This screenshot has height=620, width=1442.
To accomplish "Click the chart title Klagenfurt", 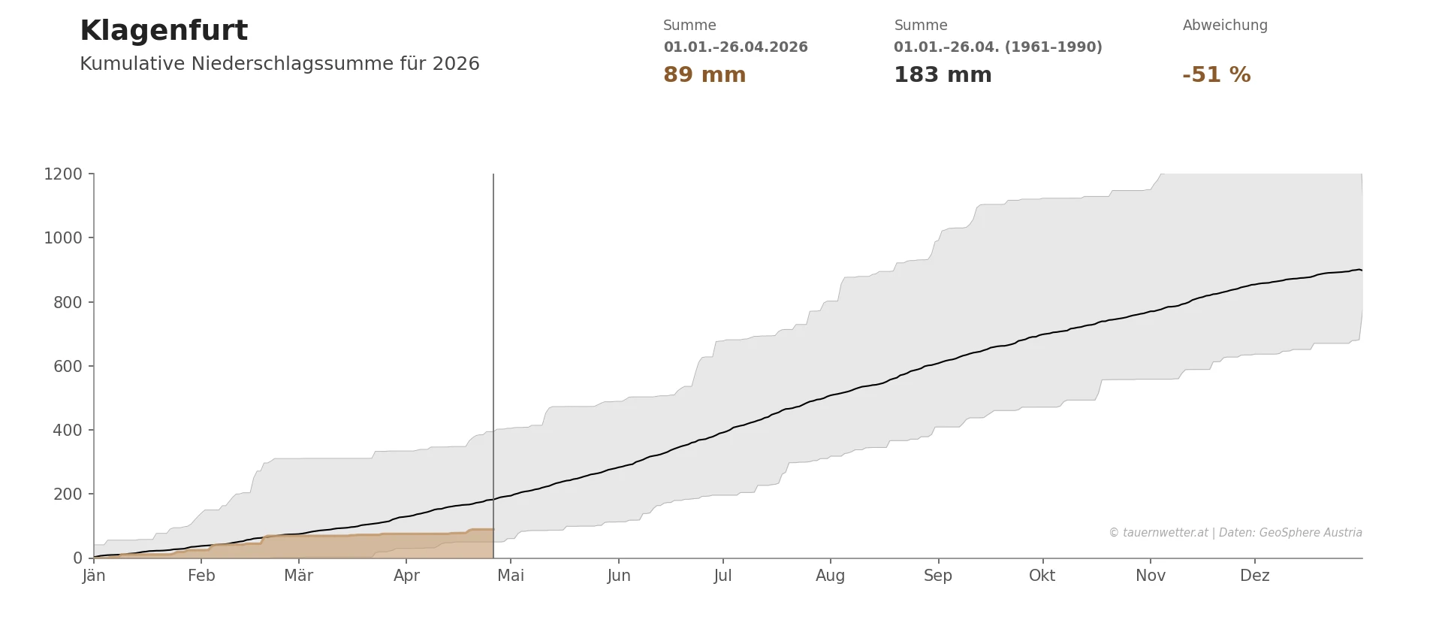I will (164, 32).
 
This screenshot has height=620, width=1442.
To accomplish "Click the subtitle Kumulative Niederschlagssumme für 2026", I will (279, 65).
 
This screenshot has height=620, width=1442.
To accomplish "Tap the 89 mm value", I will (704, 75).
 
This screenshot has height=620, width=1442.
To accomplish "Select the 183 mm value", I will (943, 75).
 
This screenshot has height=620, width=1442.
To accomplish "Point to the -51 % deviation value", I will (1216, 75).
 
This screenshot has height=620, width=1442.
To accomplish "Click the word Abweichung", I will (1225, 26).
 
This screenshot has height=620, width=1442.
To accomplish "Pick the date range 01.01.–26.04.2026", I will (735, 47).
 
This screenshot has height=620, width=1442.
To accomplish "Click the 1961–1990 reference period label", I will (997, 47).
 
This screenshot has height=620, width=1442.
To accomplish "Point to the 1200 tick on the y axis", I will (63, 174).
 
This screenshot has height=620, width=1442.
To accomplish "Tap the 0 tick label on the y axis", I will (78, 558).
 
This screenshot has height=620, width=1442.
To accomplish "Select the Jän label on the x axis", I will (94, 576).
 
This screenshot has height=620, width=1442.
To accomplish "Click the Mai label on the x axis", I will (511, 576).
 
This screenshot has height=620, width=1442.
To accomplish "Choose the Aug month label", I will (830, 576).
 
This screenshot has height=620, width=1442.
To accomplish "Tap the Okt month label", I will (1042, 576).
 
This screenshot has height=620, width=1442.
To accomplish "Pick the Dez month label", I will (1254, 576).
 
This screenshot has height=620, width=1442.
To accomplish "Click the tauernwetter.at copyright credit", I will (1235, 533).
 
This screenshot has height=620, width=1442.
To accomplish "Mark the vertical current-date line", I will (493, 338).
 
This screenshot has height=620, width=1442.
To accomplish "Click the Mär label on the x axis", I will (298, 576).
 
